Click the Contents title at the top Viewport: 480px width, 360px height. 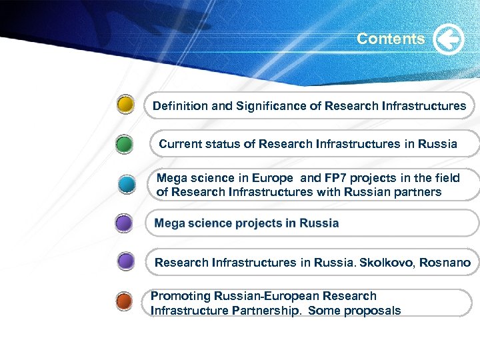coord(391,39)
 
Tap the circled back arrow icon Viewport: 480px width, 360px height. coord(449,39)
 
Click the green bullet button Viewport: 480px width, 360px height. coord(125,144)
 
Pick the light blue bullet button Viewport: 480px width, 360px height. coord(127,184)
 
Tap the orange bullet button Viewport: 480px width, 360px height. coord(125,301)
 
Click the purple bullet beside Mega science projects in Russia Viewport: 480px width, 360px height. coord(125,223)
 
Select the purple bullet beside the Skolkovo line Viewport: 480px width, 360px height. coord(125,262)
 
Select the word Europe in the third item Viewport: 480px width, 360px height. coord(270,178)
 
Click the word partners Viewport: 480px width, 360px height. coord(417,192)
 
